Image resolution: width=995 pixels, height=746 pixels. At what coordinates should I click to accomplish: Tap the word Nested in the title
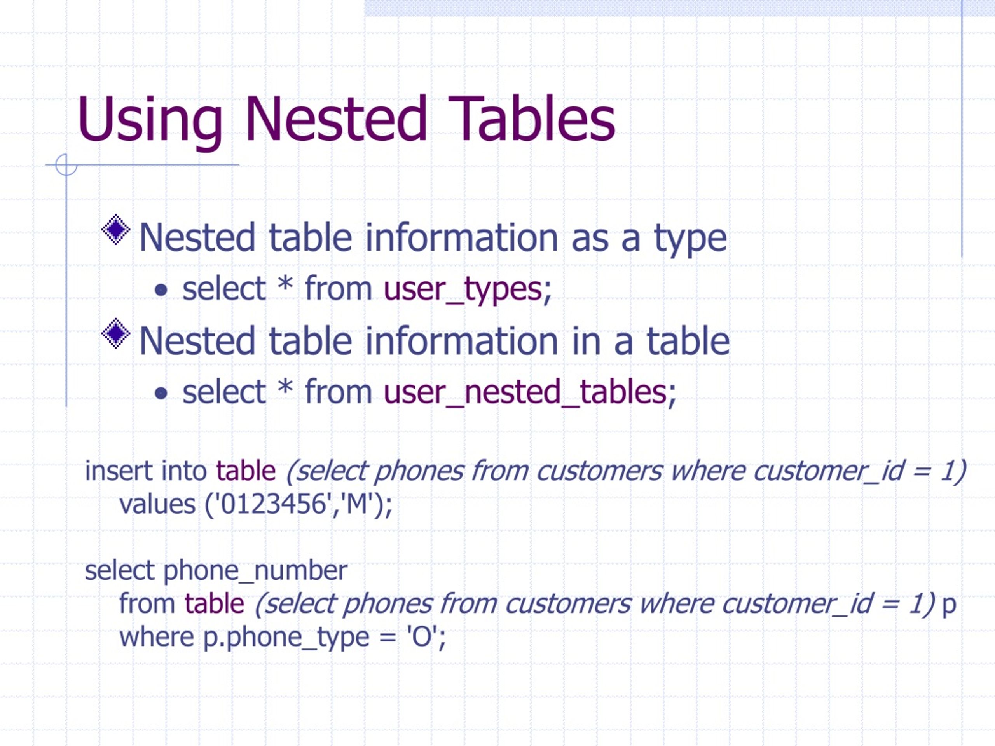click(335, 119)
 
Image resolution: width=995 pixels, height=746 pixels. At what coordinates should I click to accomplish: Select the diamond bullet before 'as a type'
click(116, 230)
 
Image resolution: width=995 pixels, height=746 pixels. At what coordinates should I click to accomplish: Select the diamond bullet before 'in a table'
click(116, 333)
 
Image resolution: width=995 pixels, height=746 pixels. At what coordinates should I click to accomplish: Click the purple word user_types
click(463, 289)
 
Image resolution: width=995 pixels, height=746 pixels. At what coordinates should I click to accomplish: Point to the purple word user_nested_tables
click(524, 392)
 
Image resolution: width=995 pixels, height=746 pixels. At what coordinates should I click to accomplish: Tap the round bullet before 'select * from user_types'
click(161, 291)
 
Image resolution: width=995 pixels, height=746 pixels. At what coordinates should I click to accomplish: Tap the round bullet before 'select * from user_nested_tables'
click(161, 394)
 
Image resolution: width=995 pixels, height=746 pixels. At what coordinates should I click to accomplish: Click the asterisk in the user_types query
click(285, 286)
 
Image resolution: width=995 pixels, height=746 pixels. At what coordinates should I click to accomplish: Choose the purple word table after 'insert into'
click(246, 471)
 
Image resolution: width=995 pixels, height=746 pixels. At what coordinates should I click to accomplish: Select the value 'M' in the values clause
click(357, 504)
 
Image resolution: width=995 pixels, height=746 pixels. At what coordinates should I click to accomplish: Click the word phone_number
click(255, 571)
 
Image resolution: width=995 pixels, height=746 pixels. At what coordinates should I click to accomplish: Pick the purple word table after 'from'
click(214, 603)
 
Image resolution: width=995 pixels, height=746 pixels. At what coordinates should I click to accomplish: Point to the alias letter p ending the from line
click(949, 605)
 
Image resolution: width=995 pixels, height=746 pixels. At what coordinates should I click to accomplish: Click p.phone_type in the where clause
click(286, 638)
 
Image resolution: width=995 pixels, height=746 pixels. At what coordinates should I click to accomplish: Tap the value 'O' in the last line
click(422, 637)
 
